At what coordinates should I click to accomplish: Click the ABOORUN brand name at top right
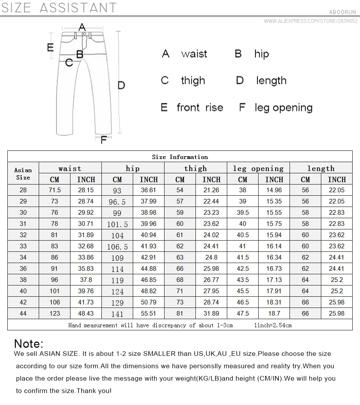point(343,12)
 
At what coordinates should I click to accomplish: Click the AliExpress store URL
point(310,21)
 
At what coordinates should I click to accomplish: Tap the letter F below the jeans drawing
point(103,140)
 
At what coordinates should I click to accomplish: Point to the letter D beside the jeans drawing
point(121,85)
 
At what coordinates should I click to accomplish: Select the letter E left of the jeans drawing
point(50,47)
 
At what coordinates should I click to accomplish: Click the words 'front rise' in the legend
point(200,107)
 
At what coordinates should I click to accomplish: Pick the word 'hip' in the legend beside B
point(261,54)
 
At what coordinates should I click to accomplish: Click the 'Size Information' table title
point(180,157)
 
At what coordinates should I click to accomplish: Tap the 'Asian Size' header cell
point(23,173)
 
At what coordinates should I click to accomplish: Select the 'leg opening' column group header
point(258,168)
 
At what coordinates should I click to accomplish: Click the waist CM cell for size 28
point(55,190)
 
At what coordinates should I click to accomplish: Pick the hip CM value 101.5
point(117,224)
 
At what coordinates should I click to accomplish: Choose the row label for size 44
point(23,313)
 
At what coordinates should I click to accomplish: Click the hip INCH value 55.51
point(149,313)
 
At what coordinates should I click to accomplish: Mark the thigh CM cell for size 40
point(180,291)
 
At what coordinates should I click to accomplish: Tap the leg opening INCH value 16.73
point(274,268)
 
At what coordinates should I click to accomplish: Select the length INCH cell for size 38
point(337,280)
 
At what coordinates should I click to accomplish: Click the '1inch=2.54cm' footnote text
point(273,325)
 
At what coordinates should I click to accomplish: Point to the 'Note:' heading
point(29,343)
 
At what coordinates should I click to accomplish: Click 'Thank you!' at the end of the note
point(94,391)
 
